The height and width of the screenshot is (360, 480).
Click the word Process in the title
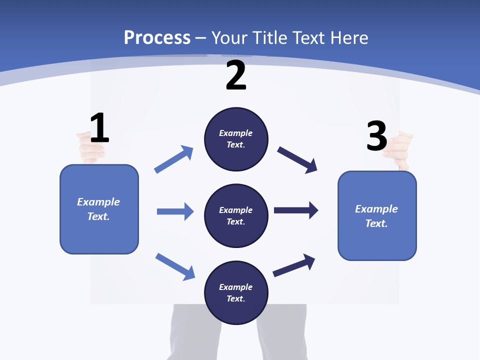(x=157, y=38)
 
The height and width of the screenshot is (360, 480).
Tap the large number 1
(x=99, y=128)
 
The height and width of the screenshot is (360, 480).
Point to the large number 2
(x=236, y=75)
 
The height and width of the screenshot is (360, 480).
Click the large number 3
(x=377, y=136)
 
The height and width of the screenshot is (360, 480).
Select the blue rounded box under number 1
(x=99, y=209)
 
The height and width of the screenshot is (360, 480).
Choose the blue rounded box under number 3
(x=377, y=216)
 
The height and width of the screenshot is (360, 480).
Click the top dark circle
(x=236, y=139)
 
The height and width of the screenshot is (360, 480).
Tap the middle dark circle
(x=236, y=216)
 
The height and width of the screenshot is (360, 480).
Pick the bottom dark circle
(x=236, y=293)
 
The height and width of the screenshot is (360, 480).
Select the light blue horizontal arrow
(x=175, y=211)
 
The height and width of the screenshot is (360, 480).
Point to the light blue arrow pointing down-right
(x=175, y=266)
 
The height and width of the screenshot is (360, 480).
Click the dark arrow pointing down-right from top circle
(x=297, y=159)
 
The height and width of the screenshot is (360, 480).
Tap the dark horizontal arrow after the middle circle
(x=296, y=210)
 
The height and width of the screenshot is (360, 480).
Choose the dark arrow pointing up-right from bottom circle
(x=294, y=265)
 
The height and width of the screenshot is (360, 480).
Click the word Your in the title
(x=229, y=38)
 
